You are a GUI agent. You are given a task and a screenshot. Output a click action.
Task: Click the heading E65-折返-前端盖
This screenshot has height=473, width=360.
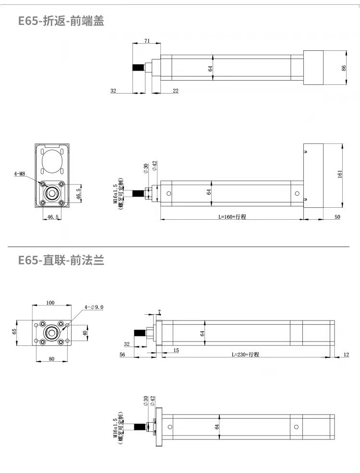(61, 21)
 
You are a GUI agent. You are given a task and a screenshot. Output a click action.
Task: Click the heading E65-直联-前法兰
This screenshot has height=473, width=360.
(61, 260)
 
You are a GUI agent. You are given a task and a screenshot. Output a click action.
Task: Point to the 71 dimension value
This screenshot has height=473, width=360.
(147, 40)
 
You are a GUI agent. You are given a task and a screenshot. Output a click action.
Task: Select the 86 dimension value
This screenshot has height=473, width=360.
(344, 68)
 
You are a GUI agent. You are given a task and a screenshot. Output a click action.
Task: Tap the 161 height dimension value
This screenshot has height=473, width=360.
(340, 174)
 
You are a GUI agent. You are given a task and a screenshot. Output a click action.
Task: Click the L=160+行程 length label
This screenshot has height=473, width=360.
(232, 216)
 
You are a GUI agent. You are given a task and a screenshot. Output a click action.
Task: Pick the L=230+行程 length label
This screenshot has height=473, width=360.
(245, 355)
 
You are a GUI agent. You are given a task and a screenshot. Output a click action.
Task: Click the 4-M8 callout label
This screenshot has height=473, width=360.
(20, 174)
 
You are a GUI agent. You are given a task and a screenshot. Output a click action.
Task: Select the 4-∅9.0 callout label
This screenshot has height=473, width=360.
(94, 307)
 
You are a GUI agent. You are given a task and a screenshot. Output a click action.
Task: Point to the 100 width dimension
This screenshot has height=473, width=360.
(50, 303)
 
